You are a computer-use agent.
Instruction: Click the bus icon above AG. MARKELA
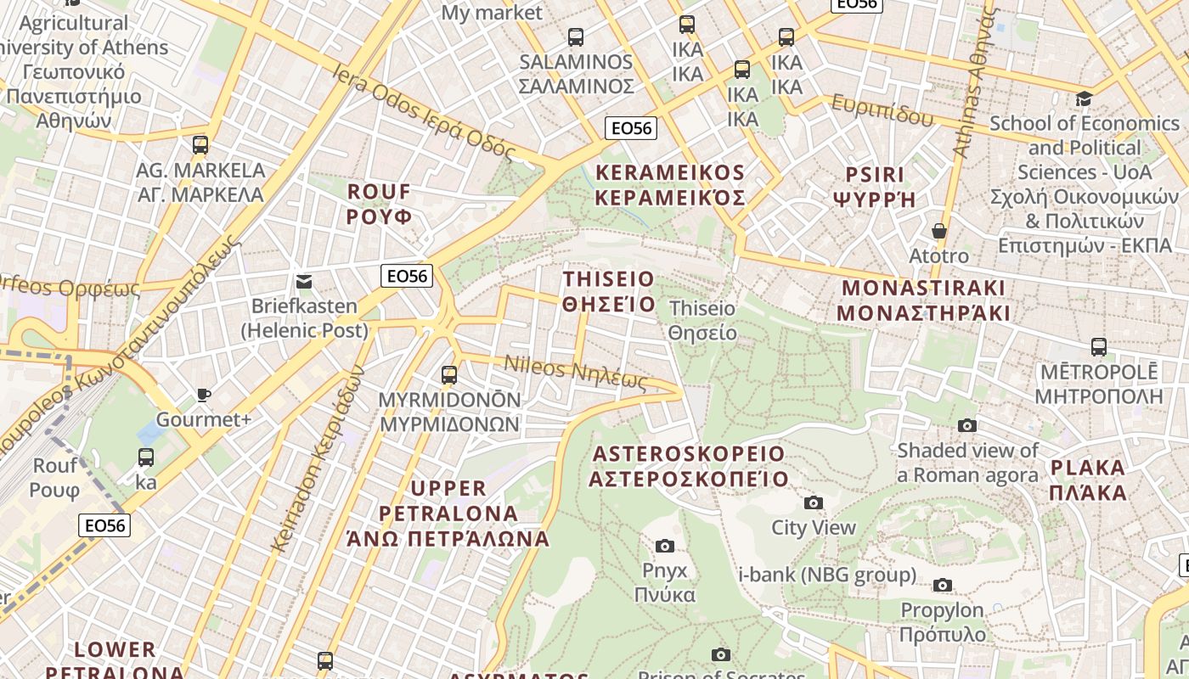200,145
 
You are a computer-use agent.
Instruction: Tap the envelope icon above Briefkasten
304,282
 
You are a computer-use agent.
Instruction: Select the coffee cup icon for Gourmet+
204,395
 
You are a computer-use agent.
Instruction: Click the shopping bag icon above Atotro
939,231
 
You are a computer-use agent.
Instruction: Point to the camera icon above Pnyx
665,546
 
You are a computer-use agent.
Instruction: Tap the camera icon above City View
814,503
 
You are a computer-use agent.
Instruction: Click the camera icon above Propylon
943,585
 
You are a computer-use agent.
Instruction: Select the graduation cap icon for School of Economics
1084,99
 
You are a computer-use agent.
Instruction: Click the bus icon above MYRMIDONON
449,374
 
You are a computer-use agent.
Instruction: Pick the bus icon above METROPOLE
1099,347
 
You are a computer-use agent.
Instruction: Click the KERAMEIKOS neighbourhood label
670,185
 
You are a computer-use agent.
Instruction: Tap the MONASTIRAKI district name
923,300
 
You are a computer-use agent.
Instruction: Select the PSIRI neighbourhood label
876,187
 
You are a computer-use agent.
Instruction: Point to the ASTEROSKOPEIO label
689,466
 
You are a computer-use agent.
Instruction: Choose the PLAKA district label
1088,480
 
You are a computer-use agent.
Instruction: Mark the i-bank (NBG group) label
827,575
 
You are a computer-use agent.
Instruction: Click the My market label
492,12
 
